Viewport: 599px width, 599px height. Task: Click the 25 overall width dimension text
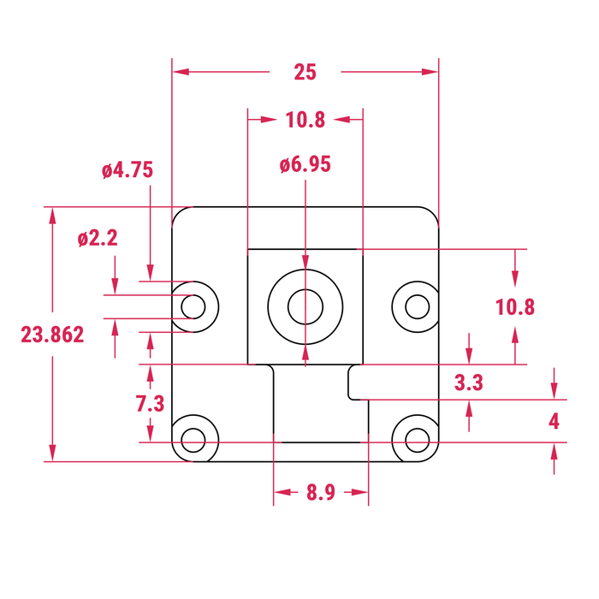coord(305,73)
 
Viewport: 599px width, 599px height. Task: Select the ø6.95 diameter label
coord(305,165)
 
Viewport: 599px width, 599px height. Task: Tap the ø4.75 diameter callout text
coord(127,170)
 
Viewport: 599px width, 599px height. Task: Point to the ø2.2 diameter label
coord(97,239)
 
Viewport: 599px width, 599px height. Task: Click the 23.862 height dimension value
coord(53,335)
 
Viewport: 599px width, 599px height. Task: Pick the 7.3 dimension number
coord(150,404)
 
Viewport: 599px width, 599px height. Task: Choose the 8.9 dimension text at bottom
coord(320,493)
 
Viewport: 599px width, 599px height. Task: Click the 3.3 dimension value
coord(469,383)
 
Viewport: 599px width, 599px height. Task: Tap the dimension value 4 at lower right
coord(555,421)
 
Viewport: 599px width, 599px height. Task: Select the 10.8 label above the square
coord(305,120)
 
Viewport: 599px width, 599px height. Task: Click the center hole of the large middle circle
coord(305,306)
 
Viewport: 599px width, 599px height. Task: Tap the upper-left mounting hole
coord(194,305)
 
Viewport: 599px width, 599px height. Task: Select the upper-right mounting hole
coord(416,305)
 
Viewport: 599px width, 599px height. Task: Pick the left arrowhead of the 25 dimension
coord(180,73)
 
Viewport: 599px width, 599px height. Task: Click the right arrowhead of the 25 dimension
coord(430,73)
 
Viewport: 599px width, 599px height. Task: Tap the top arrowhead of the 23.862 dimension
coord(53,215)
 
